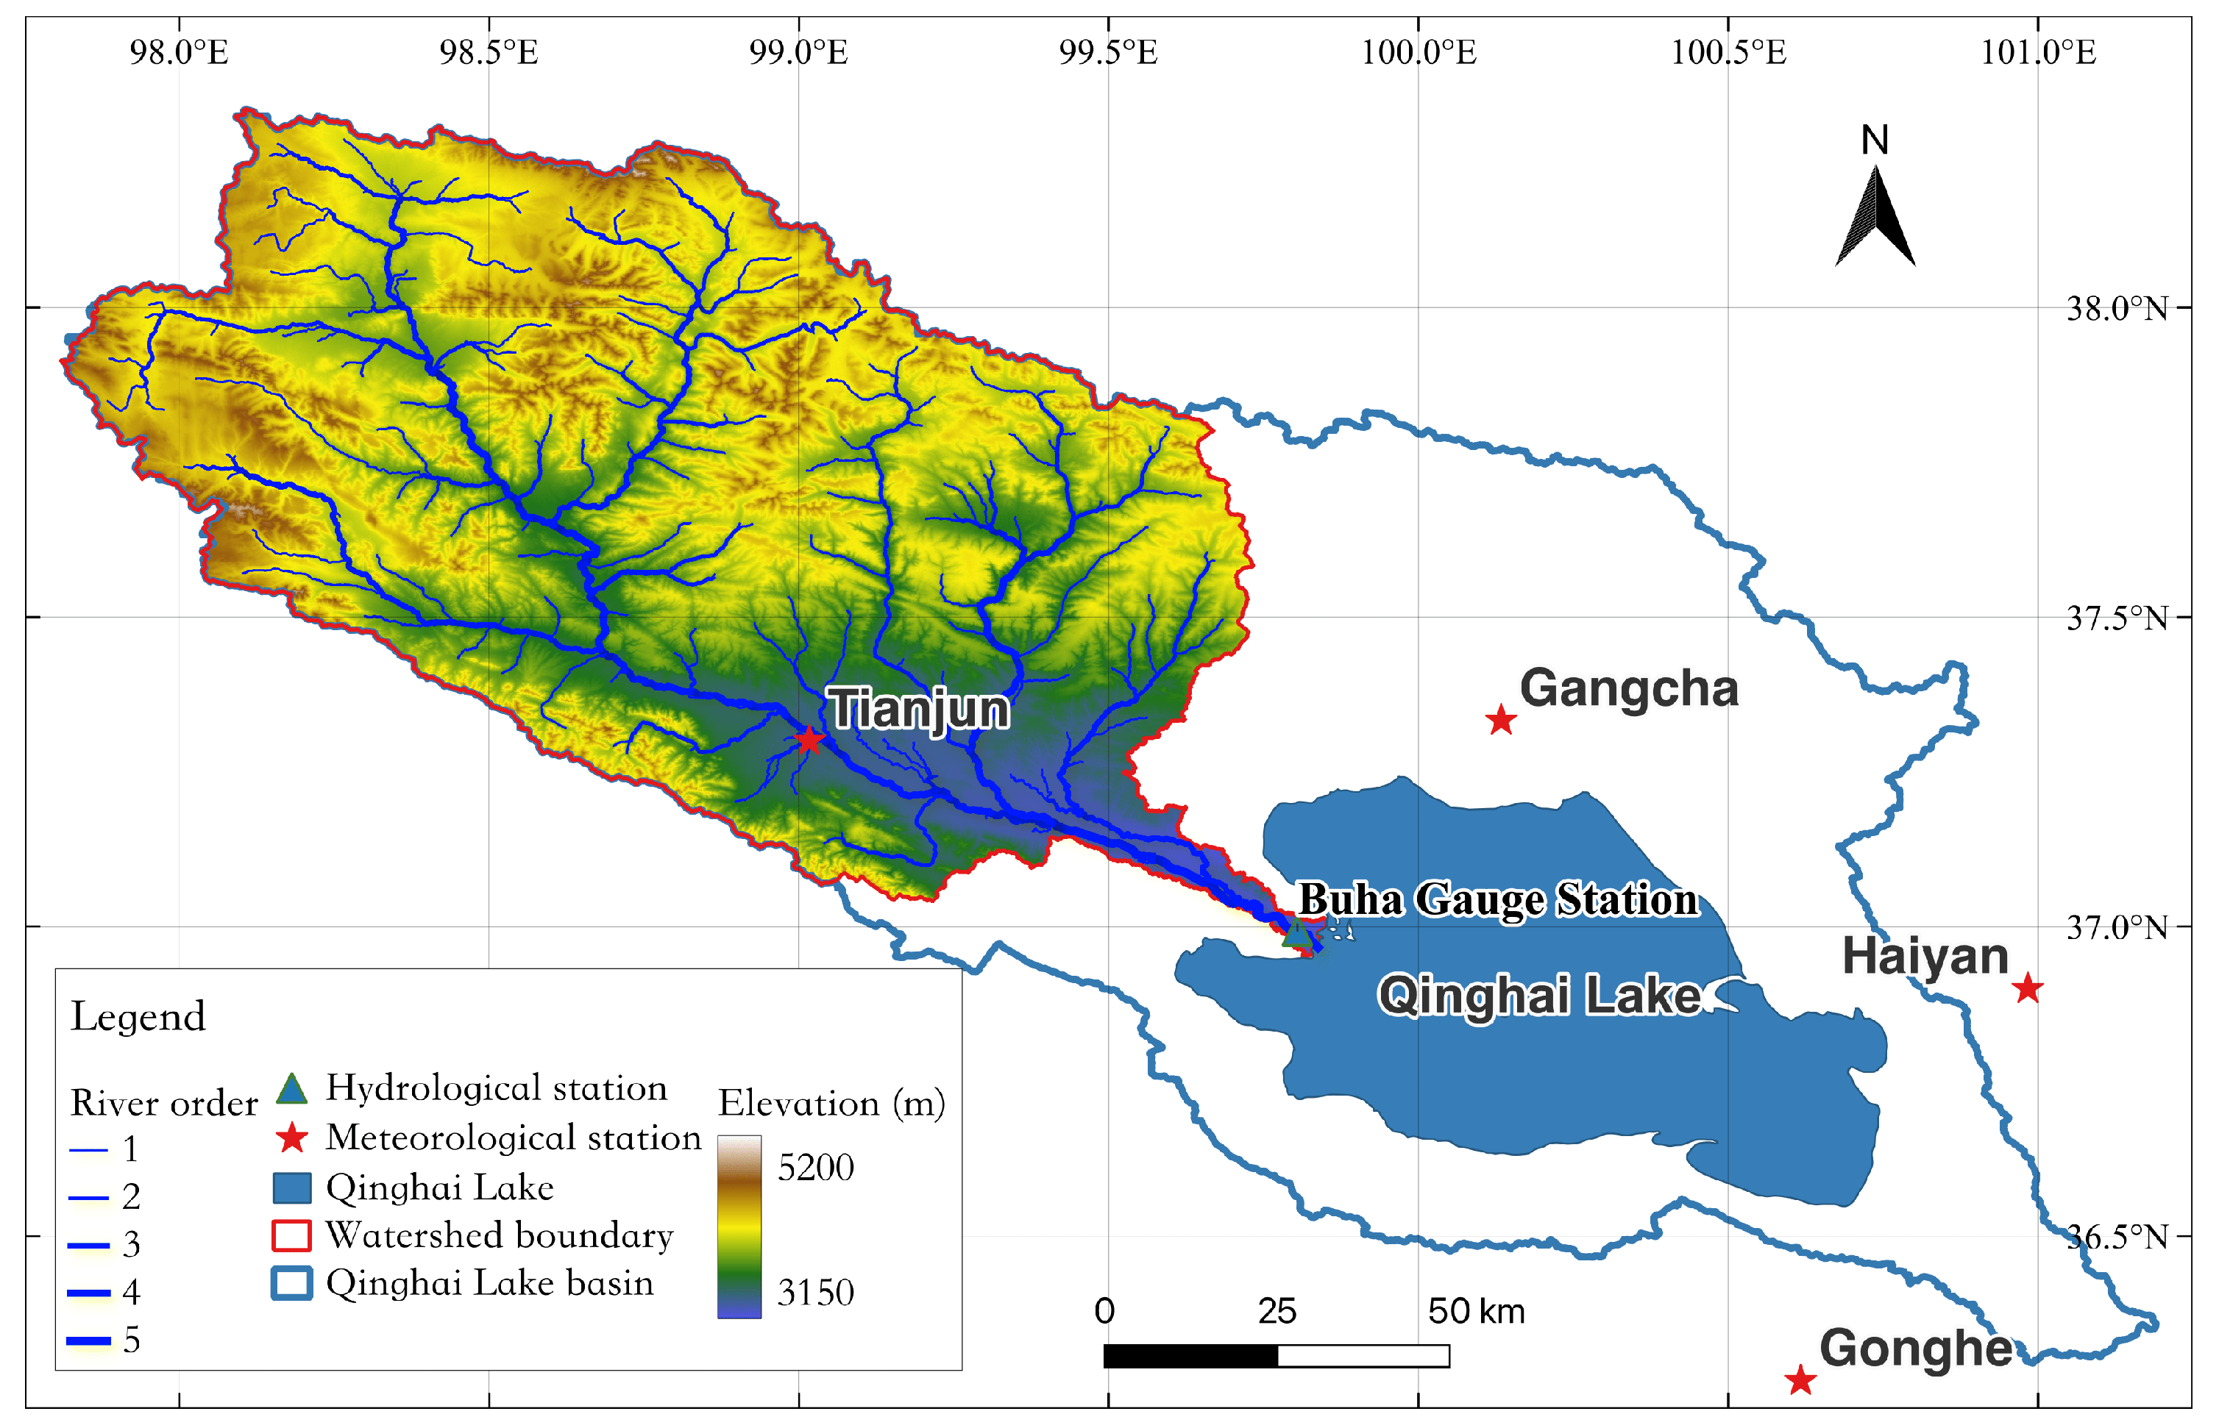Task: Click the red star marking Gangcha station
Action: click(x=1500, y=720)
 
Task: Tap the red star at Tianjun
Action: click(x=809, y=739)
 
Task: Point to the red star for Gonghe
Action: click(x=1800, y=1379)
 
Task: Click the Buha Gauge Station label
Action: click(x=1497, y=899)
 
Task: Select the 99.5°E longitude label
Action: click(x=1109, y=53)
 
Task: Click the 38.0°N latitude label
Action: click(x=2116, y=308)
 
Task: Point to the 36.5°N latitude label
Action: click(x=2116, y=1236)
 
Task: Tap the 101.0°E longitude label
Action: click(x=2038, y=53)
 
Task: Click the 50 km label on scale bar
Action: click(x=1476, y=1311)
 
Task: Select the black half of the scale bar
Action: click(x=1190, y=1356)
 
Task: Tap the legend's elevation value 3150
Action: click(x=815, y=1293)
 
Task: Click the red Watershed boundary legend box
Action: click(x=291, y=1235)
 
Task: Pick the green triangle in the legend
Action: click(x=291, y=1088)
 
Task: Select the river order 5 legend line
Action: click(x=89, y=1340)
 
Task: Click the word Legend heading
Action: click(x=138, y=1017)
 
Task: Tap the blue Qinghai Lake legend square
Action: click(x=291, y=1188)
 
